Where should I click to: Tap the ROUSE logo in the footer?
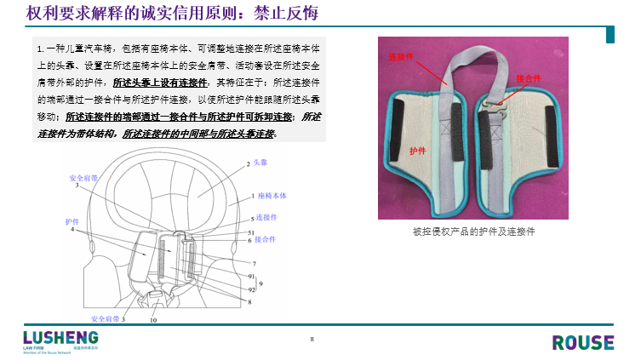click(x=582, y=342)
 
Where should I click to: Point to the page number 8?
click(x=312, y=340)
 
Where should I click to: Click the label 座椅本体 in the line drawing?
click(x=272, y=196)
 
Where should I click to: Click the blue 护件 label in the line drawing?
click(x=72, y=220)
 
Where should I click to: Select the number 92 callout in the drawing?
click(x=251, y=289)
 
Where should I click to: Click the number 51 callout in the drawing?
click(x=251, y=231)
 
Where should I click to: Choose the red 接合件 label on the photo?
click(x=529, y=78)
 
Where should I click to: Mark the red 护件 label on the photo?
click(x=417, y=150)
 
